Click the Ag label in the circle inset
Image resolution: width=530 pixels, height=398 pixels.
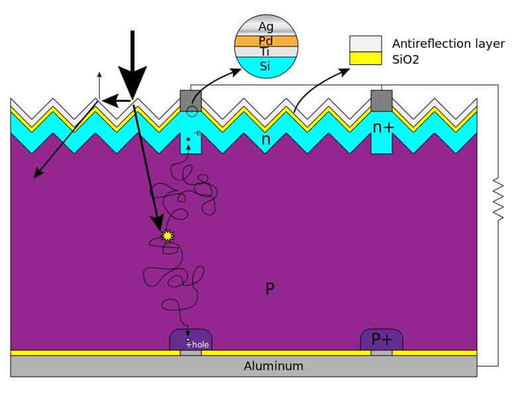pyautogui.click(x=266, y=27)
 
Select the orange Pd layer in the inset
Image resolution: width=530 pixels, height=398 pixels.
pyautogui.click(x=266, y=40)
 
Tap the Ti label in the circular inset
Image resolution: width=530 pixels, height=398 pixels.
pyautogui.click(x=266, y=51)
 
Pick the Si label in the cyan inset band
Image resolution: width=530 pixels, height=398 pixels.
pyautogui.click(x=266, y=66)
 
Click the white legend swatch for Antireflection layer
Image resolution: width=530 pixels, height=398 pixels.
pyautogui.click(x=366, y=44)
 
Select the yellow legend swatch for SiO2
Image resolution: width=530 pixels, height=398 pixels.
pyautogui.click(x=366, y=58)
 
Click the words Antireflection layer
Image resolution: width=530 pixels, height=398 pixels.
pyautogui.click(x=449, y=44)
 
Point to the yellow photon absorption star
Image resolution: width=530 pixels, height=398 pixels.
pyautogui.click(x=168, y=235)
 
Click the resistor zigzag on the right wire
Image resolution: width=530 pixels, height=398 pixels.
pyautogui.click(x=498, y=199)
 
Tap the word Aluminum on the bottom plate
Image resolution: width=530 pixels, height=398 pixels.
pyautogui.click(x=274, y=365)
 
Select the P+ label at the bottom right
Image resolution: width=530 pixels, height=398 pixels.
pyautogui.click(x=382, y=339)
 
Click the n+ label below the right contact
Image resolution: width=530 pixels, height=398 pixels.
pyautogui.click(x=383, y=127)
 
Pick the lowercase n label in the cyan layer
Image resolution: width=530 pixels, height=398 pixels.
pyautogui.click(x=266, y=140)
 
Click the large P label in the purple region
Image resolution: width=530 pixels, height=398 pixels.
pyautogui.click(x=270, y=289)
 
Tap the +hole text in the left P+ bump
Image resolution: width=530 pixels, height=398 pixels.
pyautogui.click(x=197, y=344)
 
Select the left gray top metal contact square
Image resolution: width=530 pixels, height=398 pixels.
pyautogui.click(x=191, y=100)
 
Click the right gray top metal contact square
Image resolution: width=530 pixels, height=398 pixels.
pyautogui.click(x=381, y=100)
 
